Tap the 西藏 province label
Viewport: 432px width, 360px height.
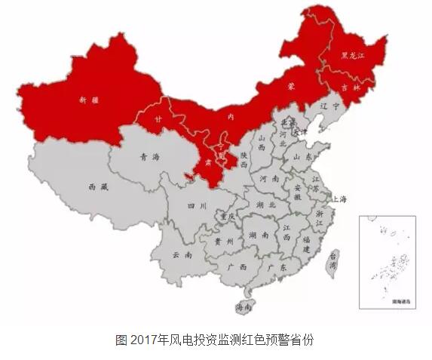(98, 186)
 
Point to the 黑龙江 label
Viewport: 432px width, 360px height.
(353, 55)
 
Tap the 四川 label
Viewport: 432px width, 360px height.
(198, 205)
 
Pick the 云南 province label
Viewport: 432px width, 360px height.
(182, 255)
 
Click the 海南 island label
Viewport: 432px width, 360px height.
(244, 307)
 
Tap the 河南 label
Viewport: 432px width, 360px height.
(269, 179)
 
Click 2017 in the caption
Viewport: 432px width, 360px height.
(149, 339)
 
